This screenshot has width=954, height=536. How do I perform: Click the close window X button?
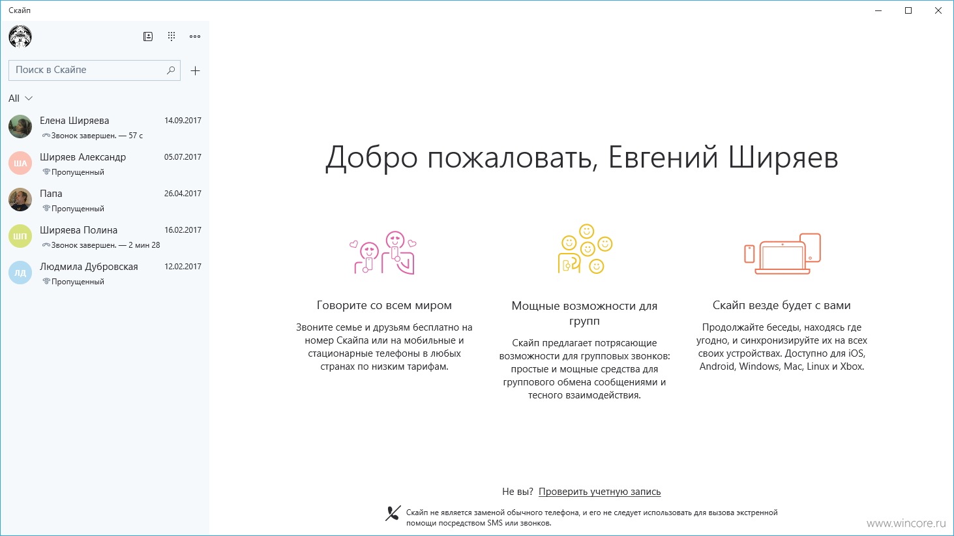[938, 10]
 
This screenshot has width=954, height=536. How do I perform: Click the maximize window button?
[908, 10]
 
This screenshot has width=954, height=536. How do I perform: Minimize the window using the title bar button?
[878, 10]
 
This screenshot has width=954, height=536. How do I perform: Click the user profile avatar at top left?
[20, 36]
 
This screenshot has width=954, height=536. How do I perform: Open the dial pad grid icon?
[171, 36]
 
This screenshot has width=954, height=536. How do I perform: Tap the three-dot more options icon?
[194, 37]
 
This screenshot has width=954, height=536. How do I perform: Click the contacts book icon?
[148, 36]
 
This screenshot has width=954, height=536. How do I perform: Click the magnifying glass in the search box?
[171, 70]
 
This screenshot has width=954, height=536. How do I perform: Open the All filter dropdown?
[20, 98]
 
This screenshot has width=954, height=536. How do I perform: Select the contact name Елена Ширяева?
[74, 121]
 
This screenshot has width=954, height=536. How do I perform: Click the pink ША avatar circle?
[20, 163]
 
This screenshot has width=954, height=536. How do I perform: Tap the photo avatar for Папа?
[20, 200]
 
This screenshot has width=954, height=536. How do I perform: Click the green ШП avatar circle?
[20, 236]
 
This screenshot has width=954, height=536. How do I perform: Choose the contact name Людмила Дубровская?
[89, 267]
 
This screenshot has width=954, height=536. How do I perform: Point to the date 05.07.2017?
[183, 157]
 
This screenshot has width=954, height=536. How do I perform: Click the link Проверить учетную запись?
[600, 492]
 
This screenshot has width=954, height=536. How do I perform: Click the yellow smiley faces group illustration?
[585, 248]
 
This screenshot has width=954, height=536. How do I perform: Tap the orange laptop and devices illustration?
[783, 253]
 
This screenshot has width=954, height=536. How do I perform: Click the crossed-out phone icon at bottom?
[393, 513]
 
